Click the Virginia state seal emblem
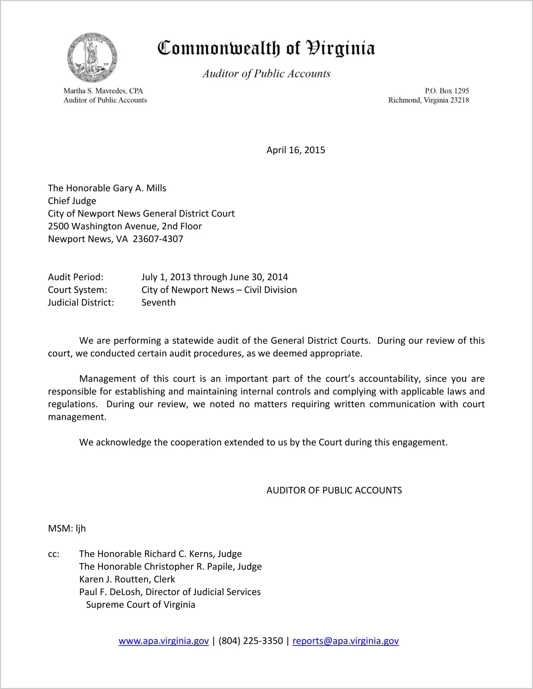[92, 58]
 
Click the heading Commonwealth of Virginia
[266, 49]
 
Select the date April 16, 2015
[295, 150]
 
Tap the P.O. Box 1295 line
[447, 91]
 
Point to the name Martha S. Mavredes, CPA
[103, 91]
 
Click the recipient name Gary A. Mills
[139, 188]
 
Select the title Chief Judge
[72, 201]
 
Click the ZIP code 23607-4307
[158, 239]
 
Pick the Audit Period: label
[76, 277]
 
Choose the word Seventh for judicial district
[158, 303]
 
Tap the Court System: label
[77, 290]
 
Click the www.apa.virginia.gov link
[163, 641]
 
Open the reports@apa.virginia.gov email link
[345, 641]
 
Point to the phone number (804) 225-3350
[250, 641]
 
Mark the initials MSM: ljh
[67, 528]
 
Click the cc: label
[54, 554]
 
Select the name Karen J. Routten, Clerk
[127, 579]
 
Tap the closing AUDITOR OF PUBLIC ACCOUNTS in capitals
[334, 490]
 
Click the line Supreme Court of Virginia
[141, 605]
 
